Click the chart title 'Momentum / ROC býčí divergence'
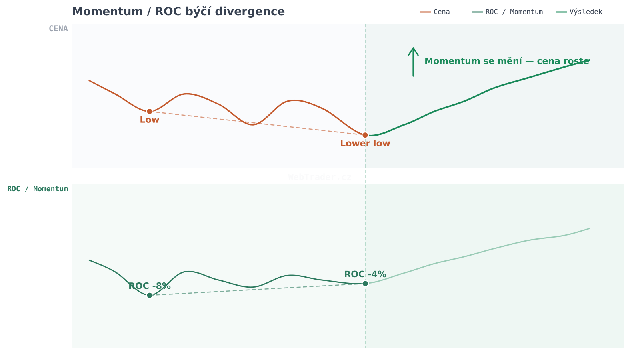tap(178, 12)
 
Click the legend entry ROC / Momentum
tap(508, 12)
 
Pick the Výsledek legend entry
tap(580, 12)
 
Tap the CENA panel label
tap(58, 28)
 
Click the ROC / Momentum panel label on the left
tap(38, 189)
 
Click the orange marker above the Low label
tap(150, 111)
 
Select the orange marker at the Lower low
tap(365, 135)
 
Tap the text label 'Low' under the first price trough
tap(150, 120)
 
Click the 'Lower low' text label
tap(365, 144)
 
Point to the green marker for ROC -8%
tap(150, 295)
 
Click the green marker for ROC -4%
tap(365, 284)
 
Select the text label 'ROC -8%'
tap(150, 286)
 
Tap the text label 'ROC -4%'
tap(365, 274)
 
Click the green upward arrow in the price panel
tap(413, 62)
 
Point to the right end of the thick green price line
tap(589, 60)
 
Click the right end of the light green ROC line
tap(589, 228)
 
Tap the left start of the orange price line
tap(89, 80)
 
